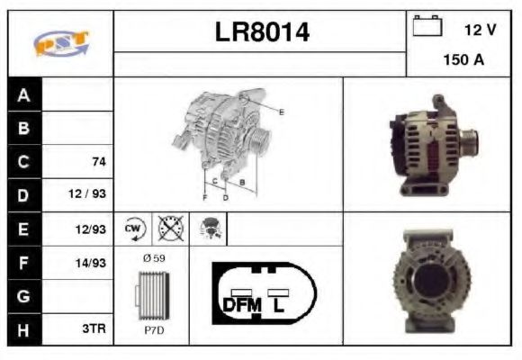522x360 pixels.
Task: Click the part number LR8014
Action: point(262,33)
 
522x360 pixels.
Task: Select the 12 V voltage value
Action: point(480,30)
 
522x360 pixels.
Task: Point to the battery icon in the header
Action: point(426,27)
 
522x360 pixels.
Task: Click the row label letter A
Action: point(23,94)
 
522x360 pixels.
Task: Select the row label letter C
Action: point(23,162)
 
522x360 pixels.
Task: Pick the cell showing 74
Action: point(99,162)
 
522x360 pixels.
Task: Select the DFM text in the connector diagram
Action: point(241,305)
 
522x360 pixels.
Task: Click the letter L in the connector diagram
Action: point(280,305)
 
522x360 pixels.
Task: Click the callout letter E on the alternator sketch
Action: point(281,112)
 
